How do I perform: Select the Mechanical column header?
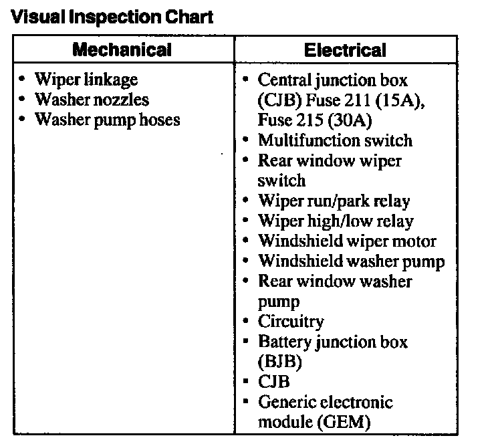pos(122,49)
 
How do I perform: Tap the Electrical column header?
pos(345,49)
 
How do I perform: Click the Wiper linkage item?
pos(86,80)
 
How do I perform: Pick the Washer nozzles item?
pos(92,100)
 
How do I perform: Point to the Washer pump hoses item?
pos(108,120)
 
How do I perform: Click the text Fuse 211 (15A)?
pos(363,100)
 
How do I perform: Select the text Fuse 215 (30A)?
pos(315,120)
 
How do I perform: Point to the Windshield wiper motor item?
pos(347,241)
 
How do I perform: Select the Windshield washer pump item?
pos(351,261)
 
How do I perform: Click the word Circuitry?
pos(291,322)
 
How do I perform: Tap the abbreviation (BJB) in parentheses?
pos(280,362)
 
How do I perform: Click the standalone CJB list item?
pos(273,382)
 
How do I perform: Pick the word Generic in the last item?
pos(287,402)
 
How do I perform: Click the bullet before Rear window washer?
pos(245,281)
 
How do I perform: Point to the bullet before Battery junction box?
pos(245,342)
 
